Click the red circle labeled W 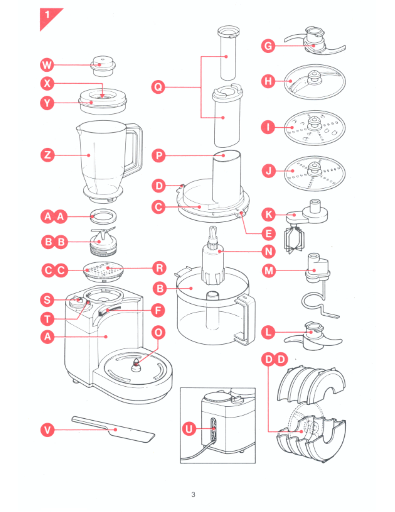[x=47, y=65]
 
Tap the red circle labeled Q [x=158, y=87]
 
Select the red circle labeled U [x=189, y=429]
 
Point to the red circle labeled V [x=47, y=430]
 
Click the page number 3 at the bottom [x=193, y=494]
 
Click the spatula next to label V [x=113, y=429]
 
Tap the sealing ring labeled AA [x=103, y=216]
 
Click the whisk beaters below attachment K [x=294, y=239]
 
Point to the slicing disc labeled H [x=315, y=82]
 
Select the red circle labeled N [x=269, y=251]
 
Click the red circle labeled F [x=158, y=310]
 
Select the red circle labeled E [x=269, y=234]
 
